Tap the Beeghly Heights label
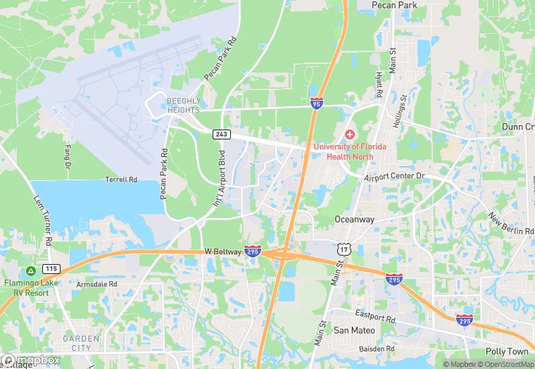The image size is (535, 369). [x=183, y=105]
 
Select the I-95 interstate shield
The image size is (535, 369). [x=317, y=103]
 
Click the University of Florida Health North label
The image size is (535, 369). [x=350, y=151]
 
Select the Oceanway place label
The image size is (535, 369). [x=355, y=219]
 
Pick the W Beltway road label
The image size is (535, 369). [x=223, y=251]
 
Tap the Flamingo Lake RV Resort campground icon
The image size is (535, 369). [x=31, y=271]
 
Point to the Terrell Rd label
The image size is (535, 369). [x=121, y=180]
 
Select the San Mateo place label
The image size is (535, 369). [x=351, y=330]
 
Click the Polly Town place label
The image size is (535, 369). [x=506, y=351]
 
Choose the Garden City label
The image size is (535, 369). [x=82, y=343]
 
